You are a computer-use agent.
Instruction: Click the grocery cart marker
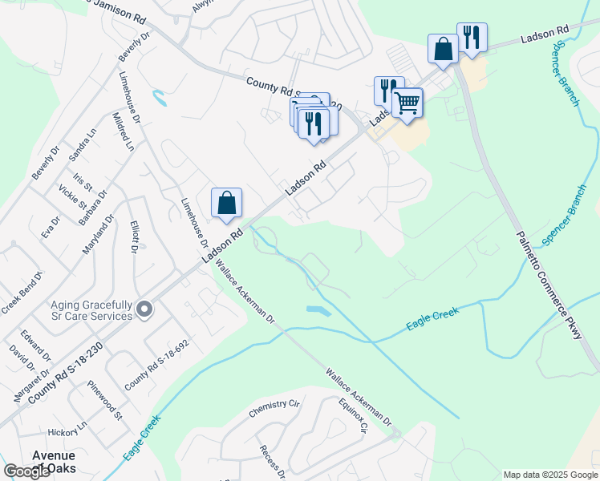[x=407, y=103]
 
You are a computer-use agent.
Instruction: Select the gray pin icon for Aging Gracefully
[x=144, y=309]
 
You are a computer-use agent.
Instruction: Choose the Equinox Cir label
[x=353, y=415]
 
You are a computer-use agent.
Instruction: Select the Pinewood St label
[x=105, y=401]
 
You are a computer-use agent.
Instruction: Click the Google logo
[x=26, y=471]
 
